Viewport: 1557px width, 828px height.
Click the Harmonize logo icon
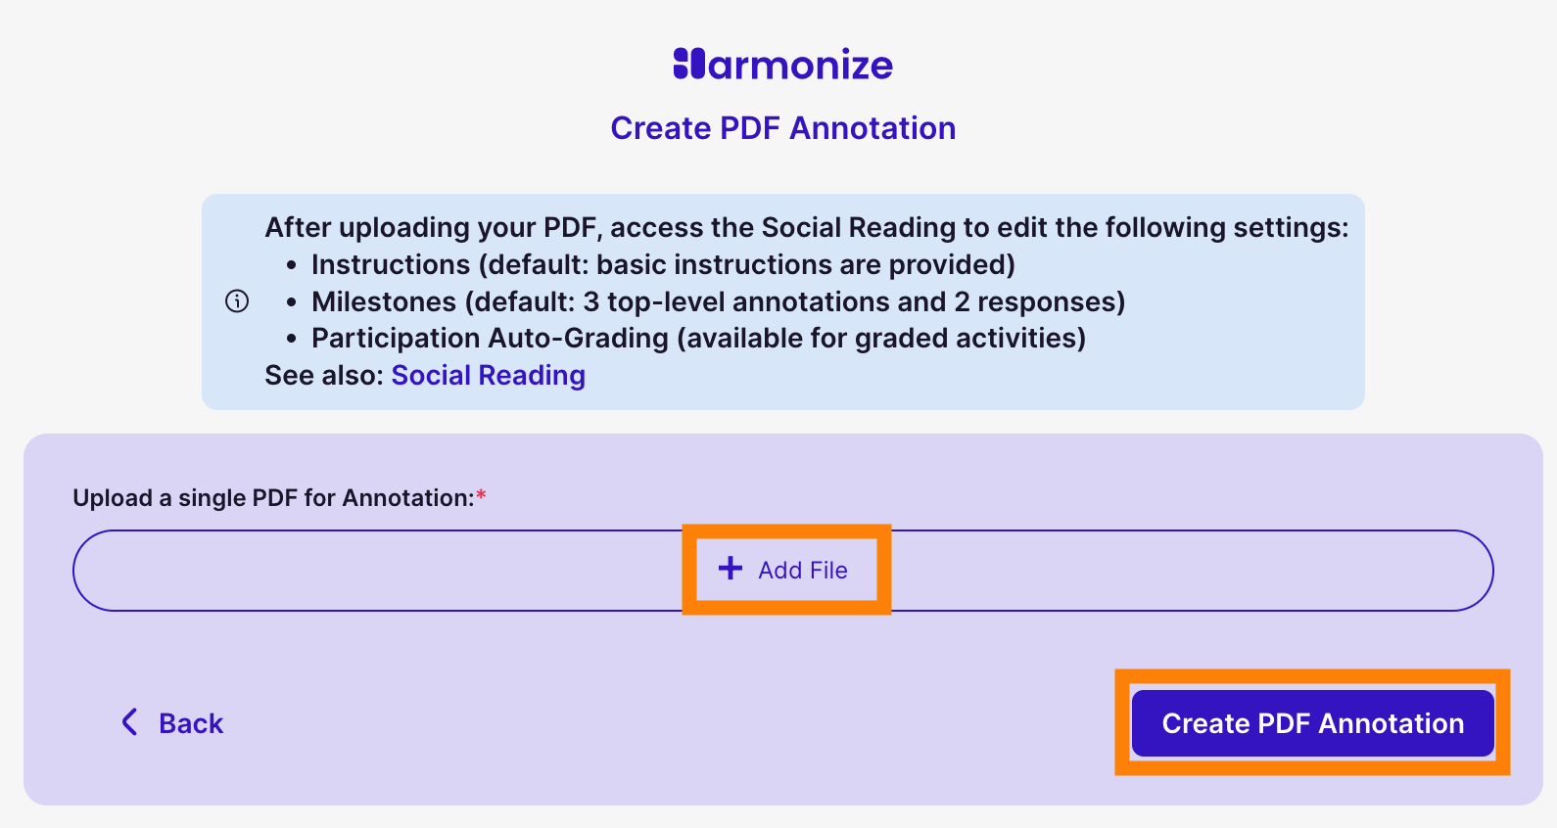click(x=688, y=64)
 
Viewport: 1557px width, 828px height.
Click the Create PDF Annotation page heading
click(x=782, y=128)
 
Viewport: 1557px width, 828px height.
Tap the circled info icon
click(x=237, y=300)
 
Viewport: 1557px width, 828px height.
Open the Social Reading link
click(x=488, y=375)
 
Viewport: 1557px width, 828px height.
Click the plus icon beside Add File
click(x=731, y=569)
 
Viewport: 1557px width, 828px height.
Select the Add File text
click(x=802, y=570)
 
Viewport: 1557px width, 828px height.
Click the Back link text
click(x=191, y=723)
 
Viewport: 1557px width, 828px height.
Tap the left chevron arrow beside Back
click(x=129, y=722)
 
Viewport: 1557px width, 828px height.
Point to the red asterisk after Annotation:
click(x=481, y=495)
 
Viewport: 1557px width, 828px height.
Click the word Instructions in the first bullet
click(x=391, y=264)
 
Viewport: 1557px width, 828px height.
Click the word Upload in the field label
click(x=113, y=498)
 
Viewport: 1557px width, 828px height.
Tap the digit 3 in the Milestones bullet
click(x=590, y=301)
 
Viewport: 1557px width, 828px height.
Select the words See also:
click(x=323, y=375)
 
